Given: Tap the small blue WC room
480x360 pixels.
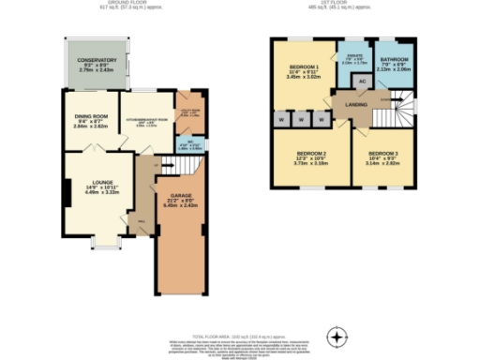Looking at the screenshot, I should [x=188, y=145].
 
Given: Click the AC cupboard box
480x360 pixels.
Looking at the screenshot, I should [x=362, y=82].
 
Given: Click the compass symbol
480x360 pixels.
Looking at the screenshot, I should [x=336, y=336].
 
